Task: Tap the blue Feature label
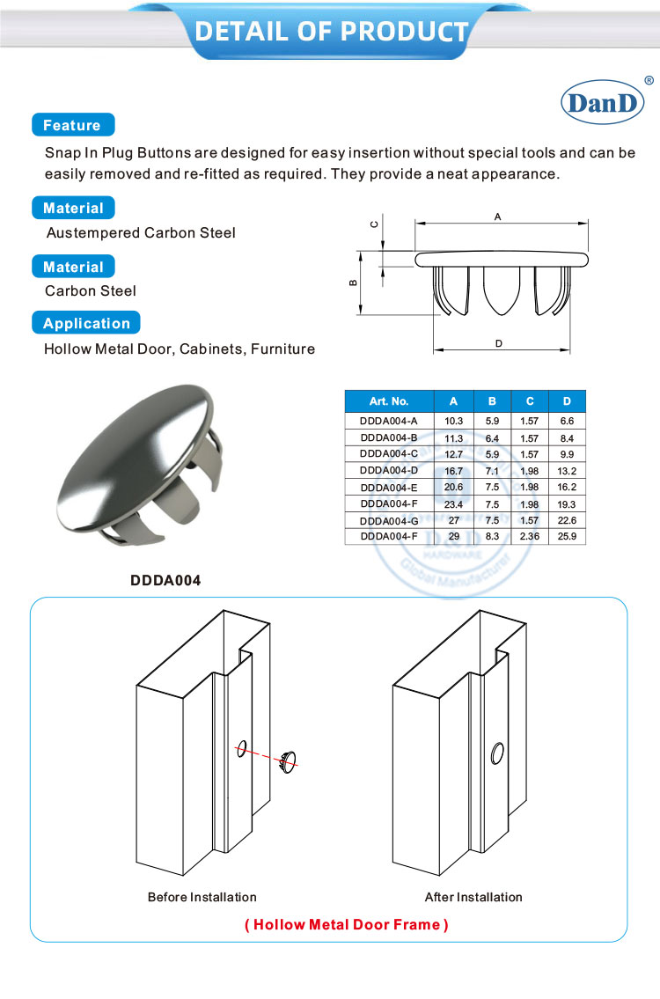click(72, 125)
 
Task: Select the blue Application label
click(86, 323)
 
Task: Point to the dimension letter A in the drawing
click(497, 217)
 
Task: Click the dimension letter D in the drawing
click(498, 343)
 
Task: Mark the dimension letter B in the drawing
click(352, 283)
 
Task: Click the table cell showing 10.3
click(453, 422)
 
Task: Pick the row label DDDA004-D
click(388, 470)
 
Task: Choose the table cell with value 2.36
click(530, 535)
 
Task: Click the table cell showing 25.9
click(567, 535)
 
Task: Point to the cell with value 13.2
click(567, 470)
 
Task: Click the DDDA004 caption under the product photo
click(165, 580)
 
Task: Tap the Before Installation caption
click(202, 897)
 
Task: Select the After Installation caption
click(473, 897)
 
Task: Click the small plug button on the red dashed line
click(289, 760)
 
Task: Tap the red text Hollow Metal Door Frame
click(346, 924)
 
